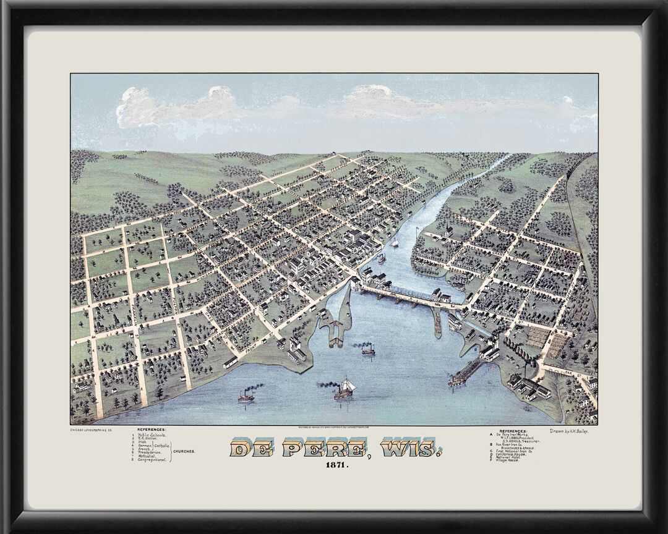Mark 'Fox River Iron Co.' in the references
[x=514, y=444]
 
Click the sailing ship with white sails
[x=346, y=386]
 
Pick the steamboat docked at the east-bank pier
[x=464, y=374]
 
